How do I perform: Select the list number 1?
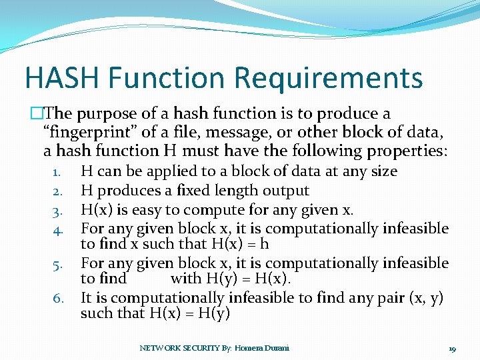[58, 172]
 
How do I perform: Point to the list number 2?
[58, 191]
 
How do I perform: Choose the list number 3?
[58, 211]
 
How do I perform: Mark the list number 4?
[58, 230]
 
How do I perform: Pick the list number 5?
[58, 265]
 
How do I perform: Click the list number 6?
[58, 299]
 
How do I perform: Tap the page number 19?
[452, 348]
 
